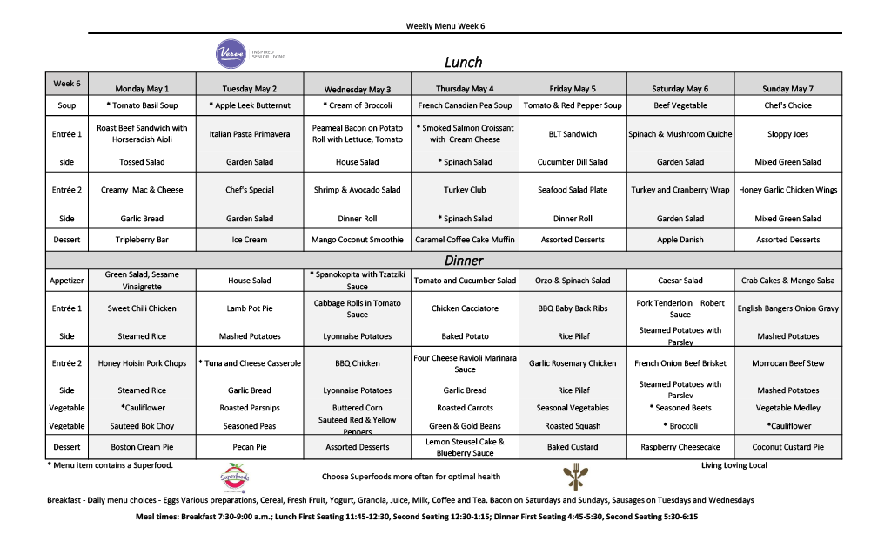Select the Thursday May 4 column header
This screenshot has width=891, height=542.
(x=465, y=89)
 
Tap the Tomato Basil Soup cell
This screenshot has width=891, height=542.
(x=143, y=105)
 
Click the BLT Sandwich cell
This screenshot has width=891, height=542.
(x=573, y=134)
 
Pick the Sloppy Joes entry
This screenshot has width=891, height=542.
(x=787, y=134)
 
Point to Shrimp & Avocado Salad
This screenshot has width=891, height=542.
(x=357, y=190)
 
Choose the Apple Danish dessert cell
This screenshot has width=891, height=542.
(x=680, y=240)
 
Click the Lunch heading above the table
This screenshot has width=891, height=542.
(x=463, y=63)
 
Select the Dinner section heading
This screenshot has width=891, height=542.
(x=463, y=261)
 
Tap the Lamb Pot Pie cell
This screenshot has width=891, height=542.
(x=250, y=308)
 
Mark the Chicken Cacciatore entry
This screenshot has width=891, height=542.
(x=465, y=308)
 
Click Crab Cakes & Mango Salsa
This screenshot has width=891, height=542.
(x=787, y=281)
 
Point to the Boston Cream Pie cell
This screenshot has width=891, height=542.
(x=142, y=447)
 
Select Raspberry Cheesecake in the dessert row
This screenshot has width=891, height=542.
(x=680, y=447)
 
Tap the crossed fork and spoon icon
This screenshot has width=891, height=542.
(x=573, y=477)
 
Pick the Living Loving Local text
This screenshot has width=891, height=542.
(x=734, y=465)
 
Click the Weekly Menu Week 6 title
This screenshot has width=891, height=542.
(x=445, y=26)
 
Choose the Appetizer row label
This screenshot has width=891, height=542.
(x=67, y=281)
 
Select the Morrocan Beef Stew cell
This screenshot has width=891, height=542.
(x=787, y=363)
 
